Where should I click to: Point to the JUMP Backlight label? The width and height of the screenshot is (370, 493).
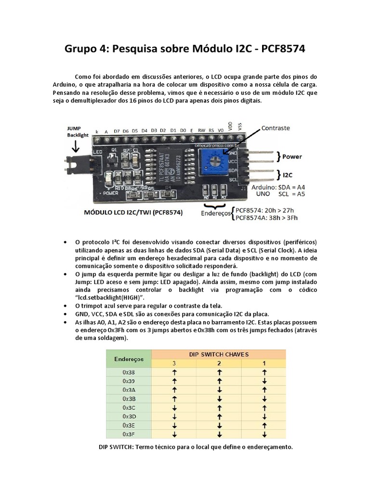click(77, 132)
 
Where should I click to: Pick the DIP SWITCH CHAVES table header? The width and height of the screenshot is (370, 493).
click(219, 354)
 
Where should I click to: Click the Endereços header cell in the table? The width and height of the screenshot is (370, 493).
click(129, 359)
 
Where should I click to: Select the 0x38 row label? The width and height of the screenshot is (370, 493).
click(129, 372)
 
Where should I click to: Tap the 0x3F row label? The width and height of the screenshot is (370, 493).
click(129, 434)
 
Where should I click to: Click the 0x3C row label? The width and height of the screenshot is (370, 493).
click(129, 407)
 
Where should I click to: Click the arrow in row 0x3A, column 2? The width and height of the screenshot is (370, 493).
click(219, 390)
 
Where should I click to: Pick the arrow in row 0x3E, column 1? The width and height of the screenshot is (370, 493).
click(264, 425)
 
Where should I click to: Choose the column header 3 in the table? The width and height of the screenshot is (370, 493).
click(174, 363)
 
